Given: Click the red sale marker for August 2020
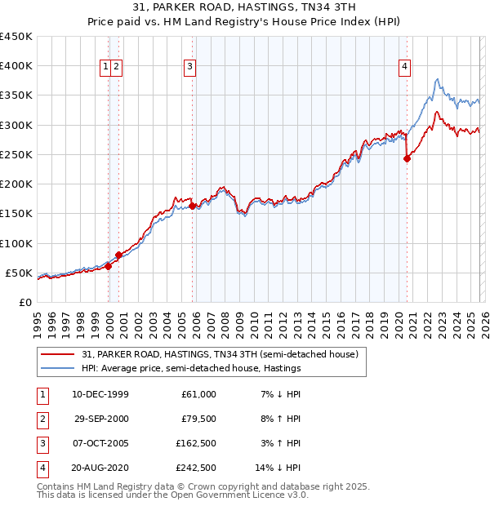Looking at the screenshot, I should pyautogui.click(x=407, y=159).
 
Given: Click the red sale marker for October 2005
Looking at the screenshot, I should pyautogui.click(x=193, y=206).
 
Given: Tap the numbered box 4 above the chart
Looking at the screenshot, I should pyautogui.click(x=404, y=68).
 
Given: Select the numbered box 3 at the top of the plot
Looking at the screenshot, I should pyautogui.click(x=189, y=68).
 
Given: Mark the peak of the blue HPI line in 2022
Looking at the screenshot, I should pyautogui.click(x=438, y=79).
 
